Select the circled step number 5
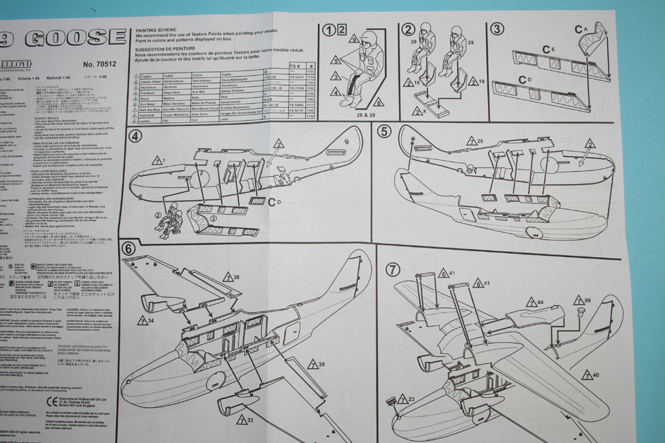pyautogui.click(x=383, y=131)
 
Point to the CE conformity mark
pyautogui.click(x=53, y=402)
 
